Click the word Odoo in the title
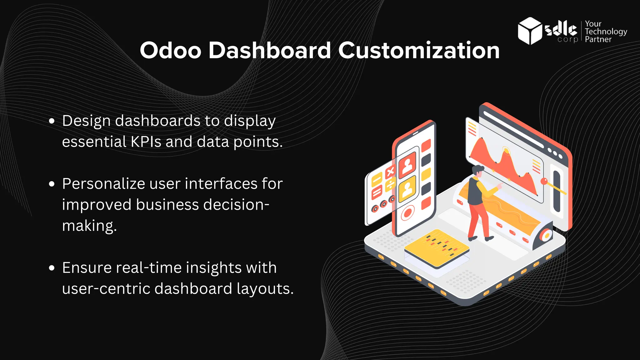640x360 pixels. [170, 50]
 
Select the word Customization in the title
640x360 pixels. [419, 50]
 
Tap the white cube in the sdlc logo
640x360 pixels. [529, 31]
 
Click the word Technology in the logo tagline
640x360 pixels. [606, 32]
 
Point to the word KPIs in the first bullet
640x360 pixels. [146, 142]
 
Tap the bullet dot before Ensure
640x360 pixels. [52, 268]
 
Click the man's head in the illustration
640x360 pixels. [477, 171]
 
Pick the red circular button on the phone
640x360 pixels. [407, 213]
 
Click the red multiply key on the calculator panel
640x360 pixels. [390, 172]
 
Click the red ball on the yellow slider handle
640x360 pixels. [544, 181]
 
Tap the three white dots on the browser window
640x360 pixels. [555, 153]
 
